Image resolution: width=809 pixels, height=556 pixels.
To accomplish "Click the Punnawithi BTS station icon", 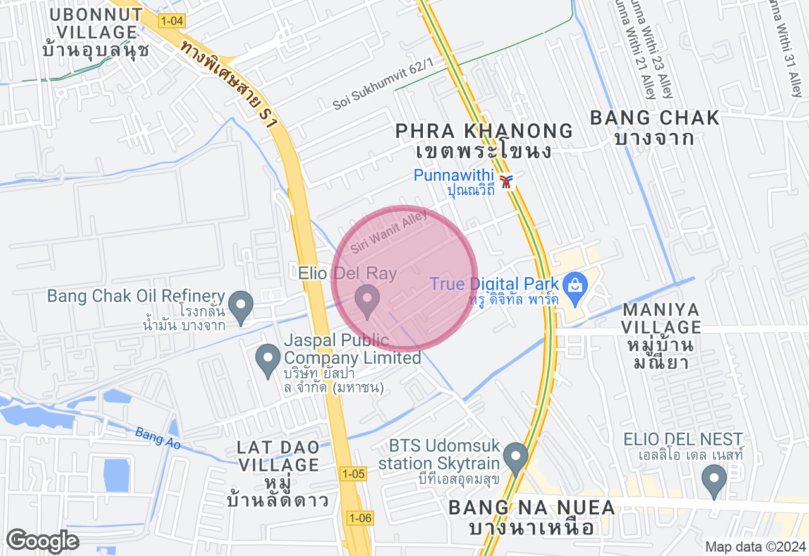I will (506, 182).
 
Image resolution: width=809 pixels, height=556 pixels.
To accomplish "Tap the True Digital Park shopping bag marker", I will (575, 284).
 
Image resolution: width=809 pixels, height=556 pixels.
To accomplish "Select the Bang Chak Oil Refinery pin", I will (240, 305).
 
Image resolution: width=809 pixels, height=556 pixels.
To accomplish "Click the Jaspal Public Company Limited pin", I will (268, 358).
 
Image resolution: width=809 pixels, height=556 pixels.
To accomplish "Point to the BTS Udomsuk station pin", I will (516, 456).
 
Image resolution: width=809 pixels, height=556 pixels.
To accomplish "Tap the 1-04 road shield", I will (172, 21).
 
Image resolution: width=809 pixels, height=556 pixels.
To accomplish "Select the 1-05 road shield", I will (353, 474).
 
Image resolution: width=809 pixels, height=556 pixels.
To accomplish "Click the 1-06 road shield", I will (360, 518).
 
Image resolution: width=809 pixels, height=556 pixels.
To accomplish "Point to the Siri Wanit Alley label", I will (389, 231).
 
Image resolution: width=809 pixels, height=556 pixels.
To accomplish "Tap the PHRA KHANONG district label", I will (484, 131).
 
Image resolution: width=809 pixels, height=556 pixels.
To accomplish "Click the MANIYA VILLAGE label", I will (662, 318).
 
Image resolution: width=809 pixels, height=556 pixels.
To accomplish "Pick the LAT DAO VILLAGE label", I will (277, 456).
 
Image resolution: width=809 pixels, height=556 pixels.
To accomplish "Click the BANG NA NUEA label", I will (532, 507).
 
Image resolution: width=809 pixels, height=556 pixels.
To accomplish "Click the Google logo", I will (42, 541).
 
